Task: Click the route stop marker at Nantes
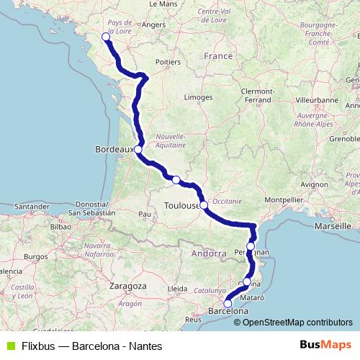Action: pyautogui.click(x=106, y=36)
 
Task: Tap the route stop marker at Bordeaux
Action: pyautogui.click(x=138, y=150)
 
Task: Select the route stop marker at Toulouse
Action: pyautogui.click(x=204, y=205)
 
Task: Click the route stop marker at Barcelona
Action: pyautogui.click(x=228, y=303)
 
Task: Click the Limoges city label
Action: pyautogui.click(x=198, y=96)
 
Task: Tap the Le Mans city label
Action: pyautogui.click(x=162, y=4)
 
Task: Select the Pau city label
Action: pyautogui.click(x=145, y=214)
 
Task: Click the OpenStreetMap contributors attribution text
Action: pyautogui.click(x=293, y=322)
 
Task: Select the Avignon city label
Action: pyautogui.click(x=314, y=184)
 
